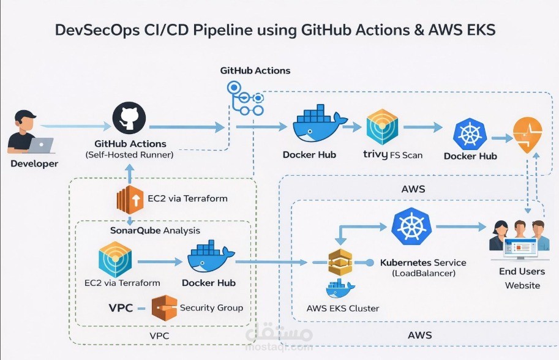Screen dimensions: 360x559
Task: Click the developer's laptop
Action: pyautogui.click(x=41, y=145)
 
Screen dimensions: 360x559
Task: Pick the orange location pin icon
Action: pyautogui.click(x=527, y=136)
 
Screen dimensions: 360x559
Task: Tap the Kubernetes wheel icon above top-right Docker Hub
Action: pyautogui.click(x=470, y=135)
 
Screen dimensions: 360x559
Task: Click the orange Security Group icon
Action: pyautogui.click(x=164, y=308)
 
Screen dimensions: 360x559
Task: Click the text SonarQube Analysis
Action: pyautogui.click(x=155, y=231)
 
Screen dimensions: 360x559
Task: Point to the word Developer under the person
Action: pyautogui.click(x=34, y=163)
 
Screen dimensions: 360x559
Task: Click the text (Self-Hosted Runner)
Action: pyautogui.click(x=129, y=155)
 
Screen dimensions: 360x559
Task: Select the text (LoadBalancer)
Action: pyautogui.click(x=423, y=273)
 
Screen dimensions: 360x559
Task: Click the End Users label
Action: pyautogui.click(x=522, y=271)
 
